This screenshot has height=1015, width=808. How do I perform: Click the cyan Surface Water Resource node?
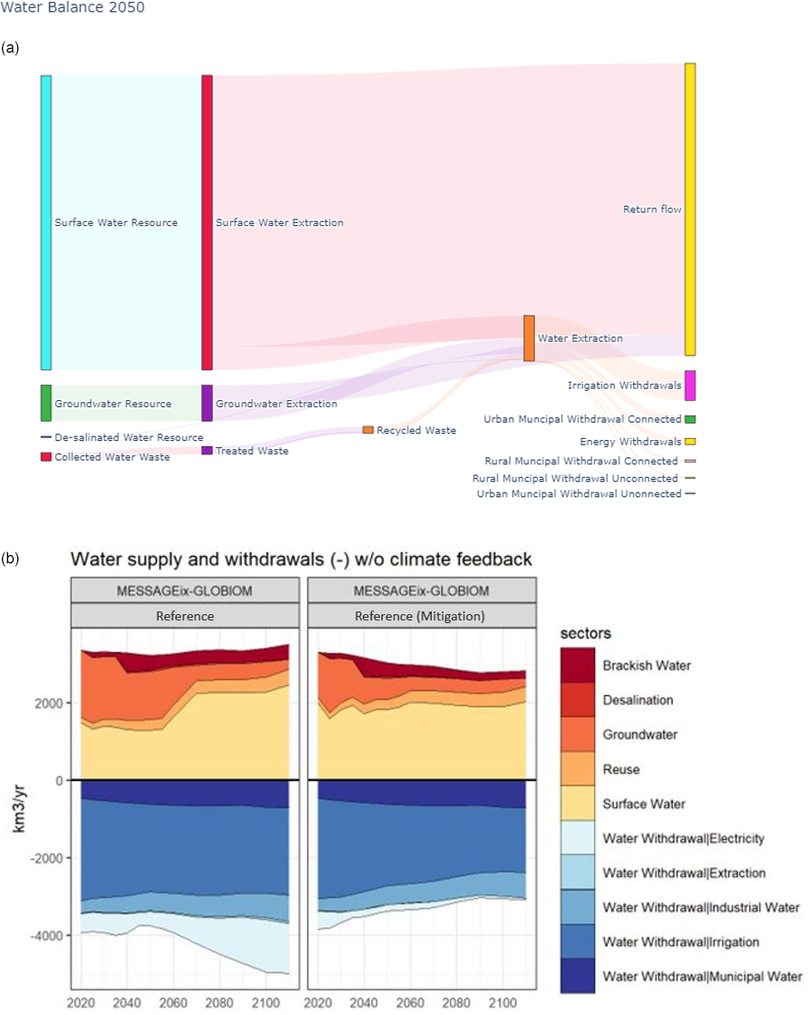point(46,222)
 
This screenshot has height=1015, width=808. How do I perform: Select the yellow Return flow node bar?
point(690,210)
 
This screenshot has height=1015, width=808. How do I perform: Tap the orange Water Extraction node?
point(529,338)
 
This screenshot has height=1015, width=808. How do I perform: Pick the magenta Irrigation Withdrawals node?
point(690,386)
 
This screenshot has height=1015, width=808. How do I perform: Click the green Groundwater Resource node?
point(46,403)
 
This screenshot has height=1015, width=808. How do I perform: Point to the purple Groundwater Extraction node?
point(207,403)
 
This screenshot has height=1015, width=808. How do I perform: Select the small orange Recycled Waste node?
point(368,430)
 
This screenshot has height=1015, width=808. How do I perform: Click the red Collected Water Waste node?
point(46,457)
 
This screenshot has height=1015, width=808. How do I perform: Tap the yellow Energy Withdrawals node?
point(690,442)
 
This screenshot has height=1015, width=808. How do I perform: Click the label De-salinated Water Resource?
point(129,437)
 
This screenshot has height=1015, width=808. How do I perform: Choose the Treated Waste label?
point(252,451)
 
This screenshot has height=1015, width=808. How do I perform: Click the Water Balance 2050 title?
point(73,8)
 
